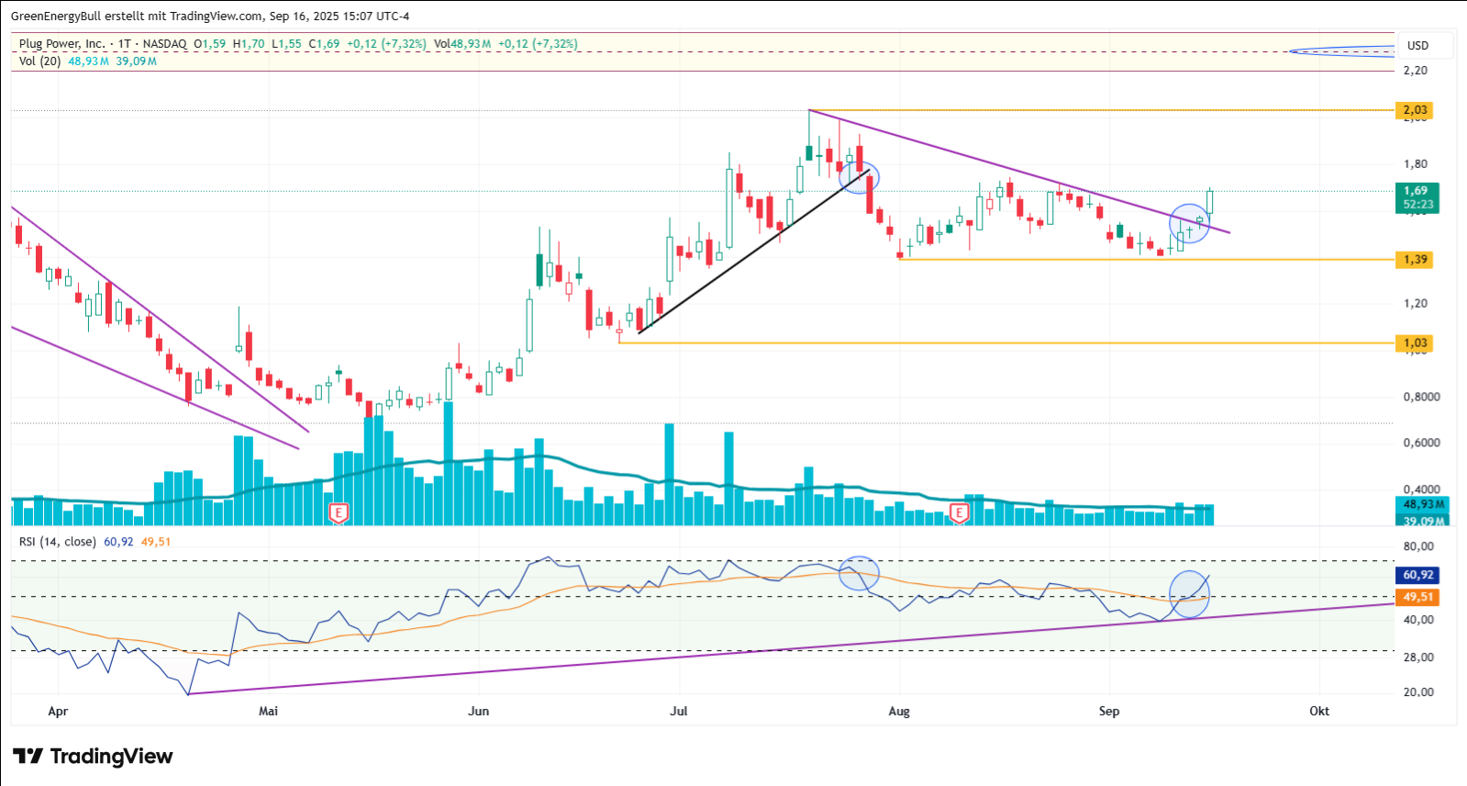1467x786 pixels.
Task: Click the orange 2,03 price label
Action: (x=1415, y=110)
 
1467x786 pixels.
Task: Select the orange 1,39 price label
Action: (x=1415, y=260)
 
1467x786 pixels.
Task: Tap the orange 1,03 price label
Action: (x=1415, y=343)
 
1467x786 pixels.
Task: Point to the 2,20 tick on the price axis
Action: (x=1415, y=71)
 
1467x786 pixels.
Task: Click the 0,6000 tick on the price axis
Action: (x=1421, y=443)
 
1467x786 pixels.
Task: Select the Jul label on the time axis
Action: (x=679, y=712)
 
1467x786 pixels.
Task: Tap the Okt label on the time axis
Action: (x=1319, y=712)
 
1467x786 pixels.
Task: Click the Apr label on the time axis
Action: (x=58, y=712)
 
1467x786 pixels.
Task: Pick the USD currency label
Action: (x=1417, y=45)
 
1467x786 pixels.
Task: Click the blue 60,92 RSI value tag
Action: (x=1417, y=575)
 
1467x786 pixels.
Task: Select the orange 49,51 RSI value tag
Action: (x=1417, y=597)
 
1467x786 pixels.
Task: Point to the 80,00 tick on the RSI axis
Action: (x=1418, y=546)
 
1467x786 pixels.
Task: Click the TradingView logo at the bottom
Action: (x=93, y=757)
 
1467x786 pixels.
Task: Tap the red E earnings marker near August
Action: (x=959, y=513)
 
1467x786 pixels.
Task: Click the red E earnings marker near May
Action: (x=339, y=513)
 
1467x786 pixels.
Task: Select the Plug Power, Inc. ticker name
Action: (x=61, y=44)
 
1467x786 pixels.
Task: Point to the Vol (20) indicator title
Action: (x=39, y=62)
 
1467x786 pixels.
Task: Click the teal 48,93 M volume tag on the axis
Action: (x=1423, y=504)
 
